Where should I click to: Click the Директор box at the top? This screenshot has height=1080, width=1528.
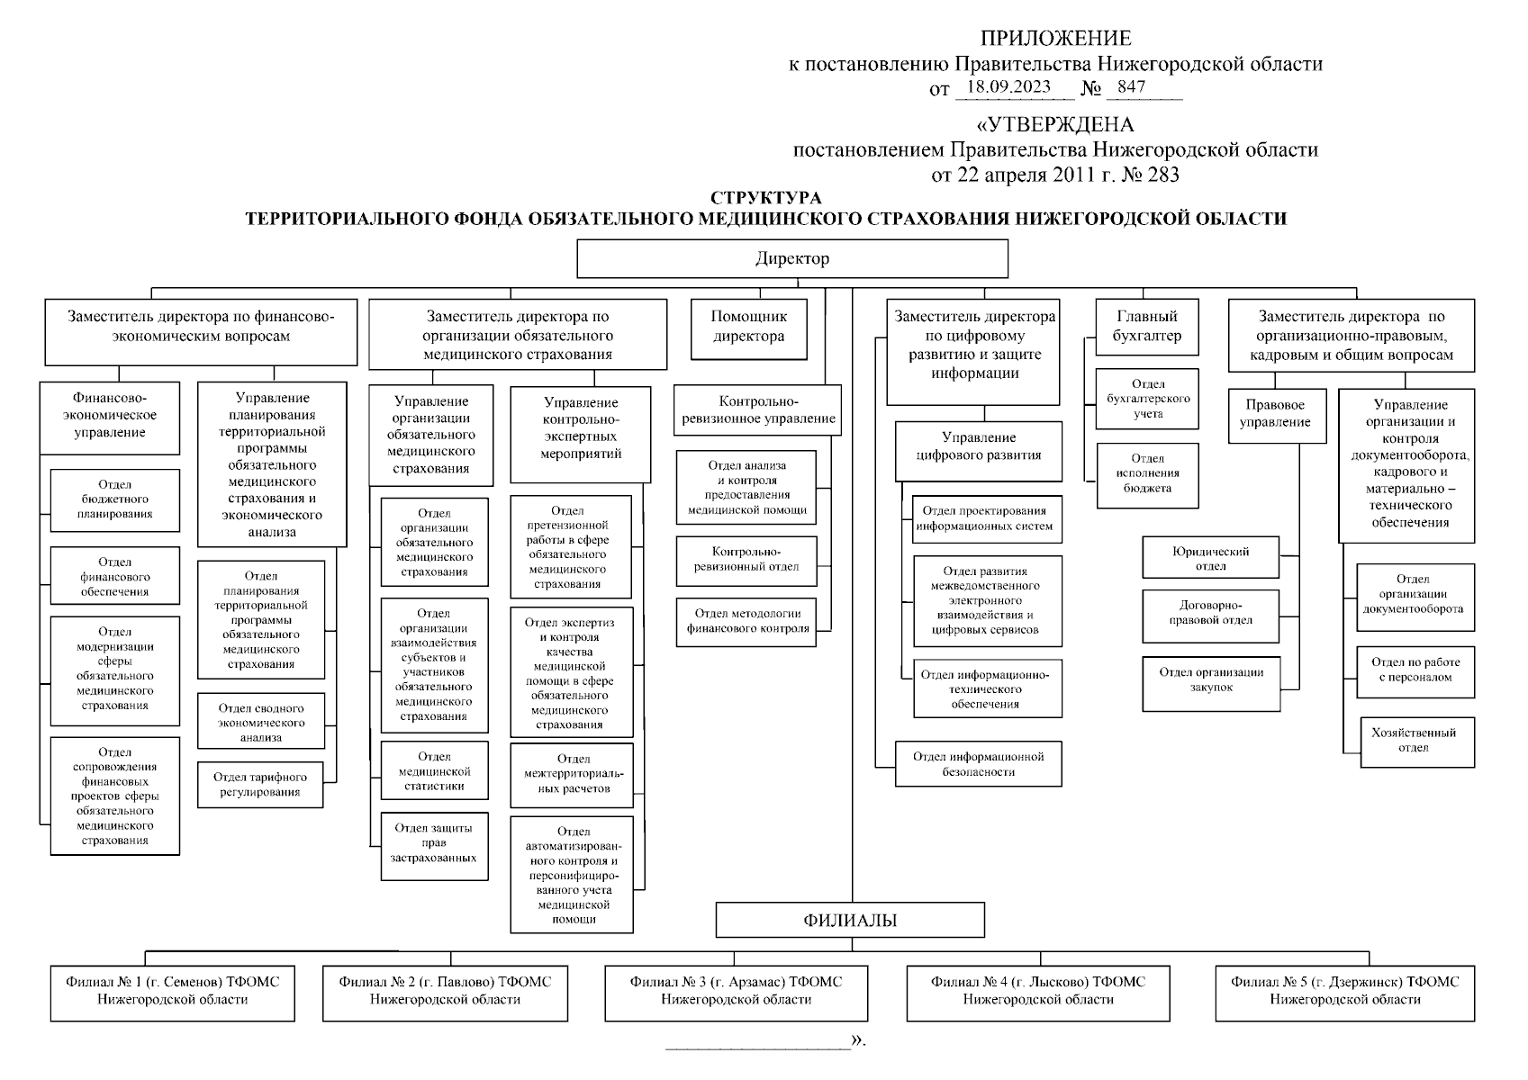(791, 259)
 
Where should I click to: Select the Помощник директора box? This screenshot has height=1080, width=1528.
(748, 328)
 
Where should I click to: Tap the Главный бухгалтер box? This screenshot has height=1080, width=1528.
(1147, 328)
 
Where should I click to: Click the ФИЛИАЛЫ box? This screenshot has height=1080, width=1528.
(850, 921)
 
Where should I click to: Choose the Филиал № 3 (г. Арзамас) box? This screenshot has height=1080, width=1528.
(736, 992)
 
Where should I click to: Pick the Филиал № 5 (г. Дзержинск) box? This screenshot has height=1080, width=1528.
(1344, 992)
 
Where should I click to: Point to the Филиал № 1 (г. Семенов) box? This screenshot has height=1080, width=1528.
(173, 992)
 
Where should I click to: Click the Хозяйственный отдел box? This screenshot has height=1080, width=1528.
(1416, 741)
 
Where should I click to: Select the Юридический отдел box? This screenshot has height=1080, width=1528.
(1210, 559)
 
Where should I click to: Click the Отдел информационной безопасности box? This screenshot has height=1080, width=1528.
(979, 764)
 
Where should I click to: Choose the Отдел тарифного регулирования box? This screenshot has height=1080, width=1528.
(260, 785)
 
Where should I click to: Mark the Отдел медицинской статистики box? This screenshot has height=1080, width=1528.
(435, 771)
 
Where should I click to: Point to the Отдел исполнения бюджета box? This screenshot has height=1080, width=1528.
(1148, 474)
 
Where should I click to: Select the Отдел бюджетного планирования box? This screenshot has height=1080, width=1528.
(115, 499)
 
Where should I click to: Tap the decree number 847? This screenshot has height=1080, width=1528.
(1132, 87)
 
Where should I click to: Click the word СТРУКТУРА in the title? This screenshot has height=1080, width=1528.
(765, 198)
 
